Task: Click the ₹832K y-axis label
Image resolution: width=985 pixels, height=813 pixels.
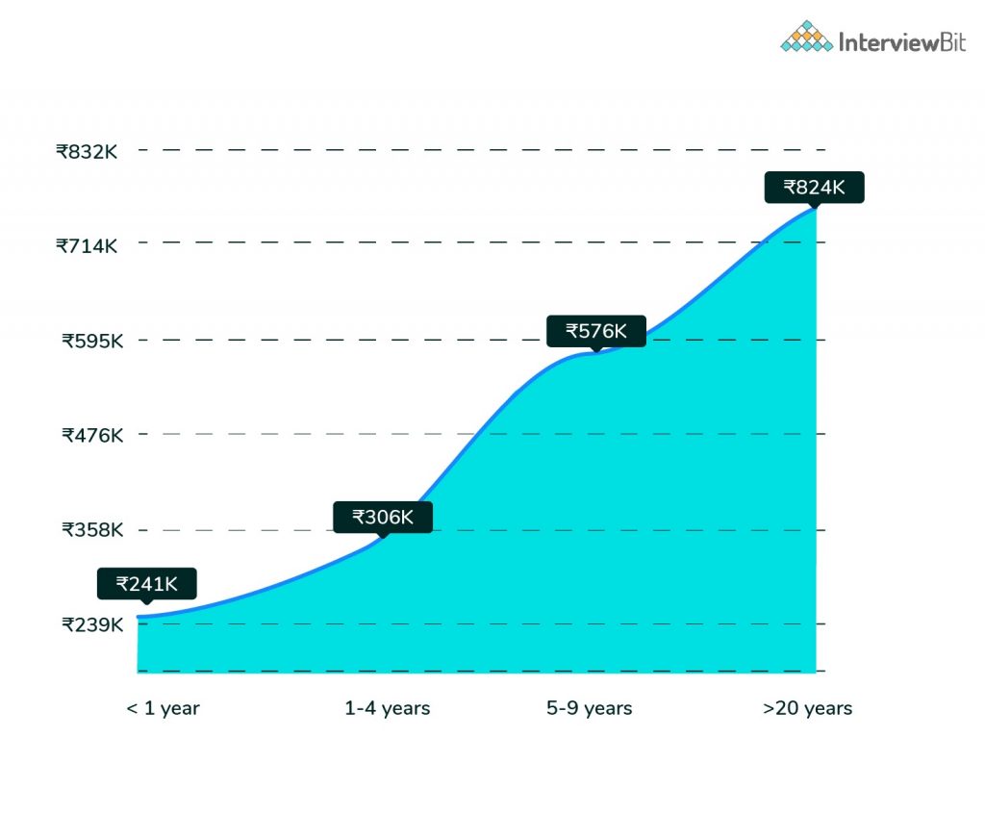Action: [87, 151]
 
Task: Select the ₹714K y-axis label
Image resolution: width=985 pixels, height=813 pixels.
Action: [87, 245]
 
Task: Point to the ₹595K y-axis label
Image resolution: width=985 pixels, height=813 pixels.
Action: [92, 340]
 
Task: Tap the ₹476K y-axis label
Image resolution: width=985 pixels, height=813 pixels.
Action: [92, 435]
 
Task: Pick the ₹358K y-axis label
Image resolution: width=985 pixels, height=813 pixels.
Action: [92, 529]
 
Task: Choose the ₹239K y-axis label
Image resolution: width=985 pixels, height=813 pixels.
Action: [92, 623]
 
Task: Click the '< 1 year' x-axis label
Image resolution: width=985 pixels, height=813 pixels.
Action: [163, 708]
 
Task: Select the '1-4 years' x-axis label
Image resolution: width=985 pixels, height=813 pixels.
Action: [387, 708]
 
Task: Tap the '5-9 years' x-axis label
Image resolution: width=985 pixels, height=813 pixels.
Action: [590, 708]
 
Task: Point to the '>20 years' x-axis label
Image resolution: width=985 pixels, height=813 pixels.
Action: [807, 708]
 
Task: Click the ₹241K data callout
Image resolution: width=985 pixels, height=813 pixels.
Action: [146, 583]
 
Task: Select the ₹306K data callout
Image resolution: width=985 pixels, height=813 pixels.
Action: [383, 517]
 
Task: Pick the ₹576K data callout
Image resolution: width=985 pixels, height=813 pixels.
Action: [596, 331]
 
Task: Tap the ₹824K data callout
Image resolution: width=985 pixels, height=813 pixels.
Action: [814, 187]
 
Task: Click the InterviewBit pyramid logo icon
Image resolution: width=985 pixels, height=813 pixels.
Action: [806, 37]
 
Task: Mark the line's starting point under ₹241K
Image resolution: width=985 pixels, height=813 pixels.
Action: [139, 616]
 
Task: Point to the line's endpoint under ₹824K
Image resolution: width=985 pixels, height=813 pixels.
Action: [815, 207]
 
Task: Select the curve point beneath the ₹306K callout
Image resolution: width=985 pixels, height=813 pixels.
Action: [383, 538]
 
